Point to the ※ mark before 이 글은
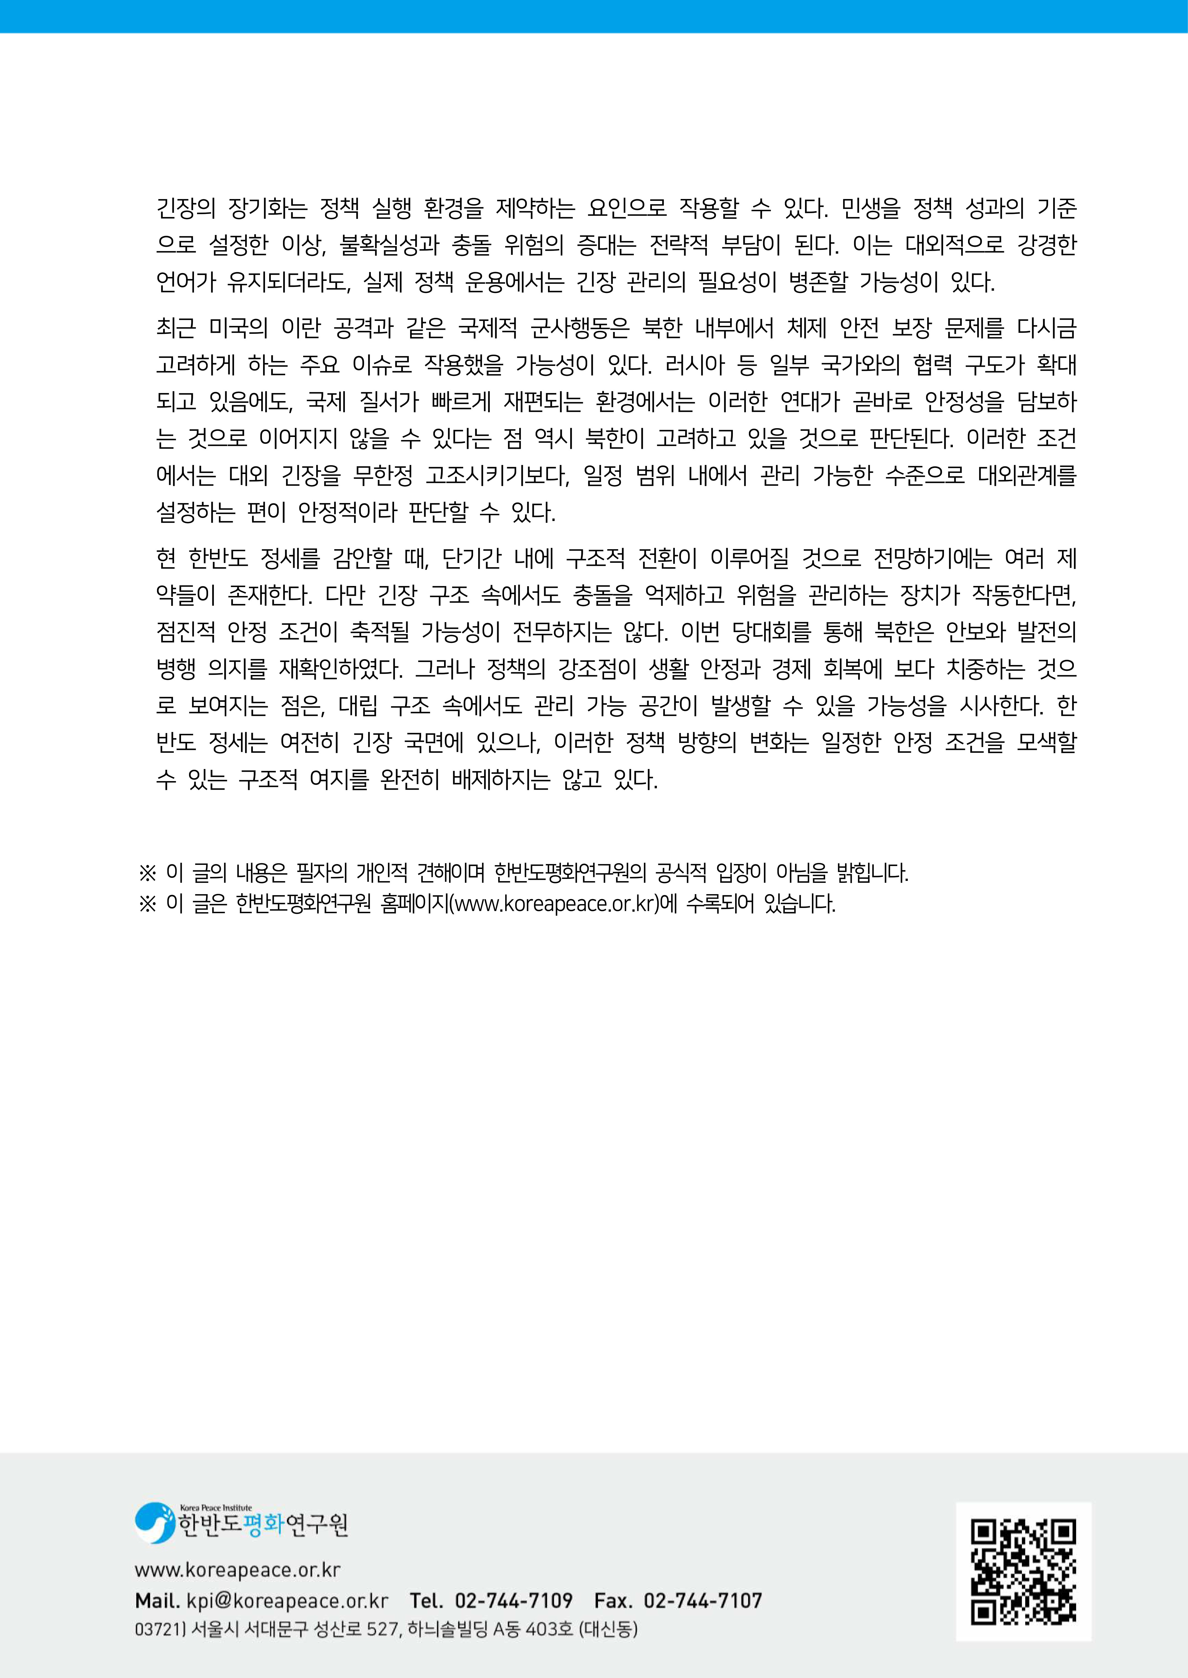pos(148,904)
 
